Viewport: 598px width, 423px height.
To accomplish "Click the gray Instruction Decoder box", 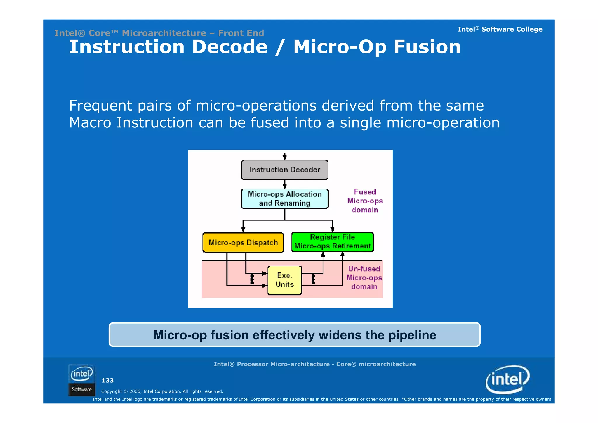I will (284, 170).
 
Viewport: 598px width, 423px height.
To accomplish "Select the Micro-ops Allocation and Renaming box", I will (284, 199).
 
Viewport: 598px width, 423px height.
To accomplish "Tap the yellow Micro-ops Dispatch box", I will (243, 243).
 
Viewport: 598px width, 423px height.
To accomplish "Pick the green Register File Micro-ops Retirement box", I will (332, 242).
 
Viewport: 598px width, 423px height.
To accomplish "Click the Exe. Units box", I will (284, 280).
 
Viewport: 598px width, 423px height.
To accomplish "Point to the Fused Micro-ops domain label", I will (365, 201).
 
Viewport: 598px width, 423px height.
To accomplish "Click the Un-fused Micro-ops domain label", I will (364, 278).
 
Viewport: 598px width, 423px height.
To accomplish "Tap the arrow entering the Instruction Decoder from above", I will (285, 156).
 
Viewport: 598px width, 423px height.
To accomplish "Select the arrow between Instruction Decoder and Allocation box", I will (285, 184).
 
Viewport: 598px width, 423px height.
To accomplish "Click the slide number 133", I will (107, 380).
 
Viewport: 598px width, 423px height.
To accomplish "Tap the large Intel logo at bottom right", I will (507, 379).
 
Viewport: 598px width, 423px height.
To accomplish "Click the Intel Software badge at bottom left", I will (82, 380).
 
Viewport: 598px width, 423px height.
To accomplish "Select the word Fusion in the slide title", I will (427, 47).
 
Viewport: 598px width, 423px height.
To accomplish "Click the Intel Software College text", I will (500, 29).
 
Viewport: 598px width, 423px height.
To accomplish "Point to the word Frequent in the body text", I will (100, 106).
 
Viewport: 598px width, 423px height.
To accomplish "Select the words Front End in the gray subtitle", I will (241, 33).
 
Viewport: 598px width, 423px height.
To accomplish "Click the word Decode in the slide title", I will (230, 47).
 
